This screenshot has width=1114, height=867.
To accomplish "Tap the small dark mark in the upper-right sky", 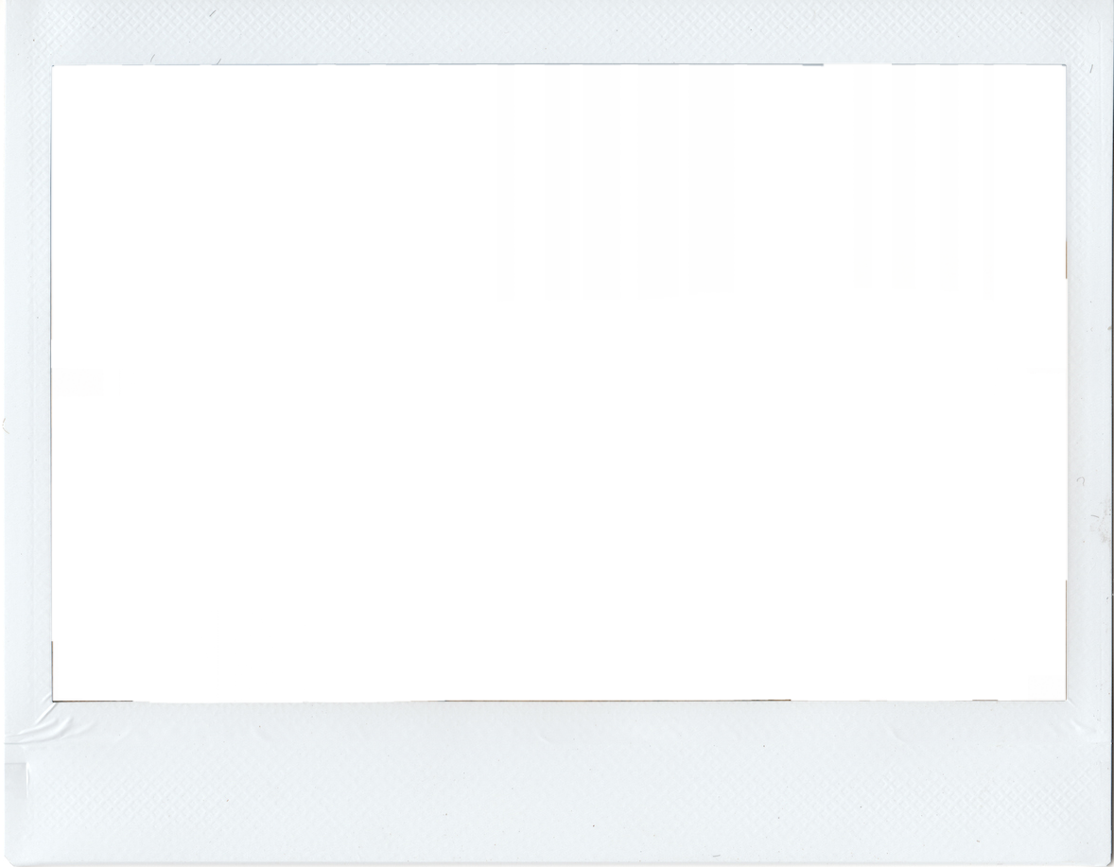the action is coord(984,98).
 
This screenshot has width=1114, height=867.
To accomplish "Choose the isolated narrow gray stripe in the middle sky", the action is coord(683,156).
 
